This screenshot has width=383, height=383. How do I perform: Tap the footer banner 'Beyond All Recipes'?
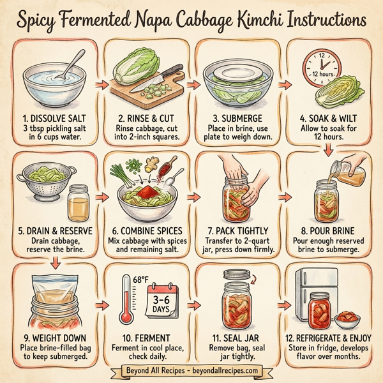pyautogui.click(x=191, y=371)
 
